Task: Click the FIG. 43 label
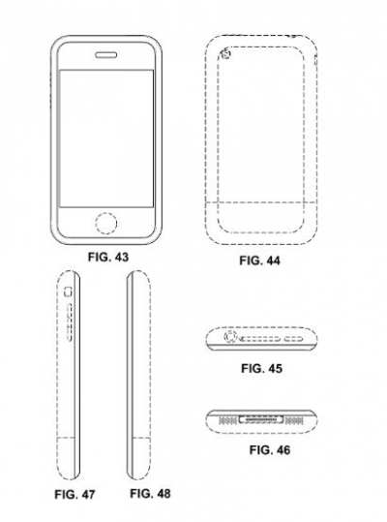108,257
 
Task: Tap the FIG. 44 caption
260,261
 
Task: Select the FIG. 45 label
261,369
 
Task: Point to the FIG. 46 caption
270,450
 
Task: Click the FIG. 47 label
74,494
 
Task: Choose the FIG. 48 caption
150,493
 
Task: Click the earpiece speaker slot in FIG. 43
106,55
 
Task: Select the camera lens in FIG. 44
226,53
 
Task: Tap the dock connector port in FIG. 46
261,420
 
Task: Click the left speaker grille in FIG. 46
227,421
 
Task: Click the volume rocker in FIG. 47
70,322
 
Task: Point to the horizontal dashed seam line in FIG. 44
260,201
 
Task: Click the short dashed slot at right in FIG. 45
293,339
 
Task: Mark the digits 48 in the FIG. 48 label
163,493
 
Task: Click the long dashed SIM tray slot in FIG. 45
261,339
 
